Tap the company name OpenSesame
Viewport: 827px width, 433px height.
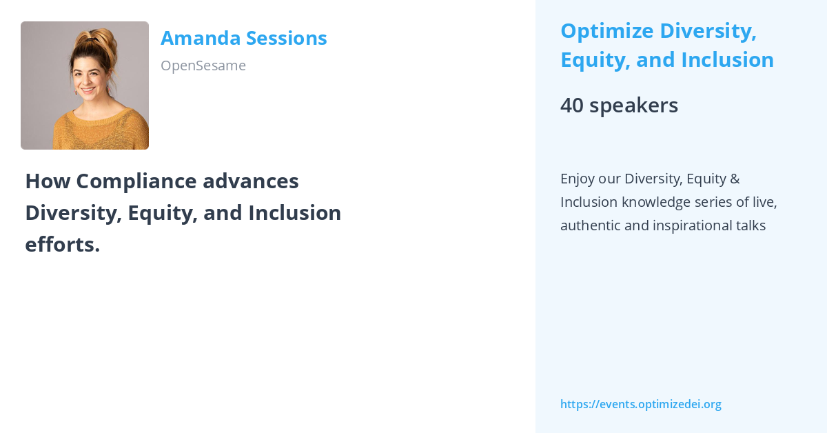203,66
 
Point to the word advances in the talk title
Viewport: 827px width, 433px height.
251,181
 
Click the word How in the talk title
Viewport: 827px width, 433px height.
47,181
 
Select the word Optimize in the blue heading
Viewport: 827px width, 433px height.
605,31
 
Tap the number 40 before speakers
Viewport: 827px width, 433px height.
571,105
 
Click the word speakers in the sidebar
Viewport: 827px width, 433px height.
634,105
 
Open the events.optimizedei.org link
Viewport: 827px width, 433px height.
640,404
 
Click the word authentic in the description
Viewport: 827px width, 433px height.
590,225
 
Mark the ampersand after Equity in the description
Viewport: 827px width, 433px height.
734,179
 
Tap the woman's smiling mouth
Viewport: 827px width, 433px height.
88,90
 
